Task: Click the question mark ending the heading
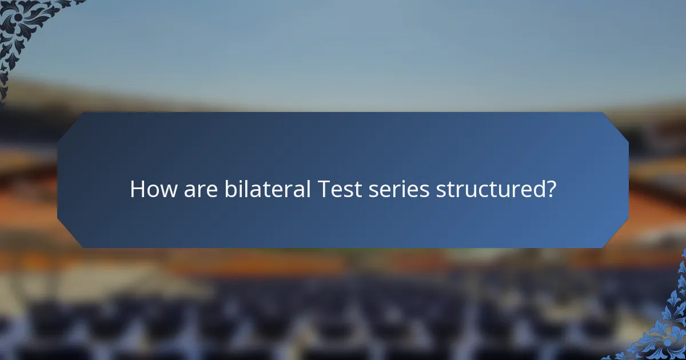[551, 189]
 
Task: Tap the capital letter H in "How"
[137, 189]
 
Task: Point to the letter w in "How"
[168, 191]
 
